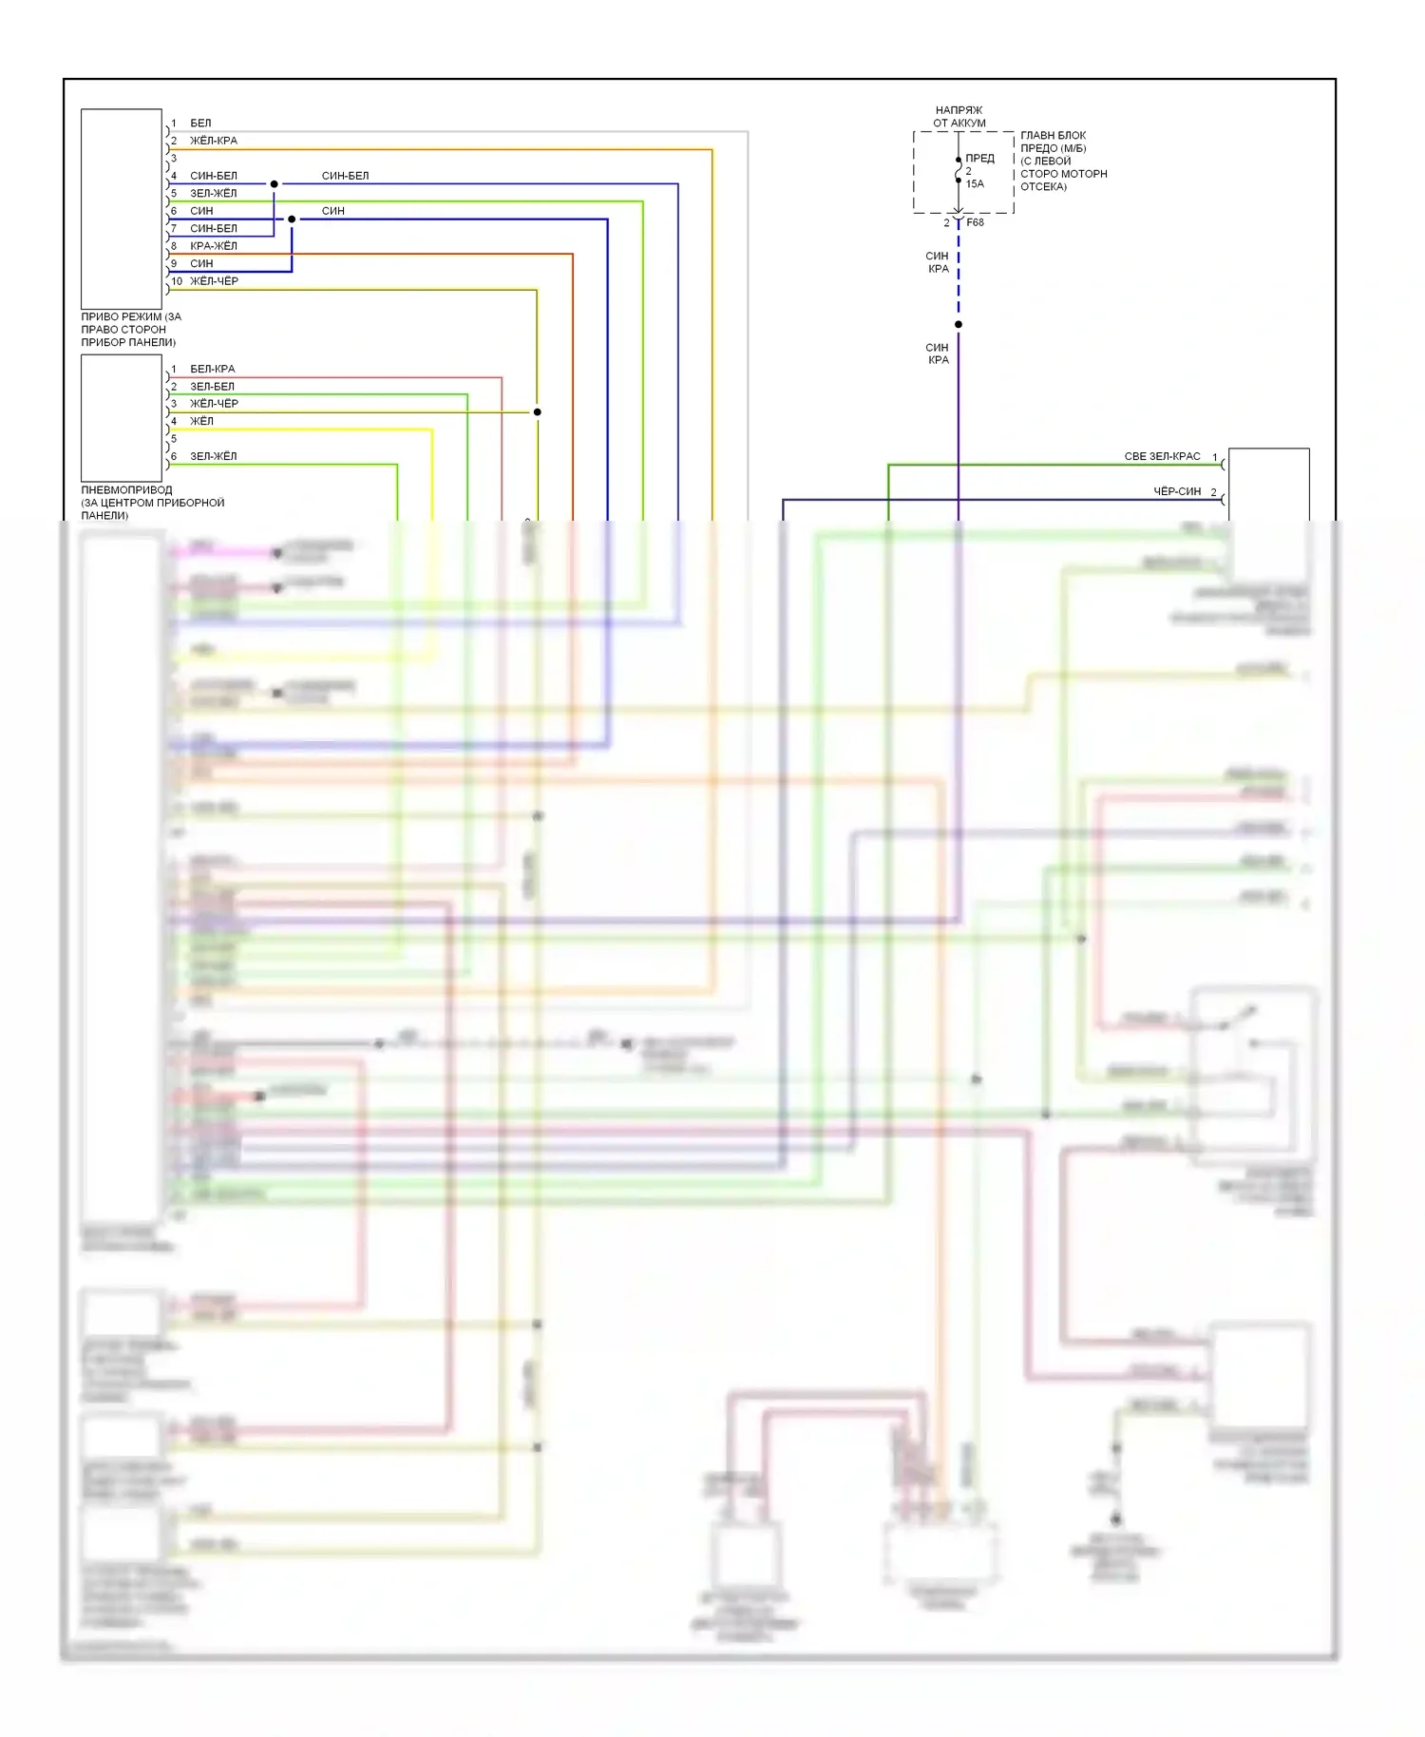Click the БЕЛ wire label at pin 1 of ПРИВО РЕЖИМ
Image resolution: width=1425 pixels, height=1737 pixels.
(200, 124)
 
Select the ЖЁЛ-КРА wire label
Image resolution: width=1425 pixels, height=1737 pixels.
(214, 141)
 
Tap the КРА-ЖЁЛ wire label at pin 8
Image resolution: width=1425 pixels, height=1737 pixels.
(214, 246)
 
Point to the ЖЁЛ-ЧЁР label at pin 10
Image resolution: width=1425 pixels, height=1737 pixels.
(214, 281)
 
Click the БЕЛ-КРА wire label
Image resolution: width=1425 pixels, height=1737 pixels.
(212, 369)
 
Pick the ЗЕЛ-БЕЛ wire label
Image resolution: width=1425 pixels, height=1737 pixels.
(212, 387)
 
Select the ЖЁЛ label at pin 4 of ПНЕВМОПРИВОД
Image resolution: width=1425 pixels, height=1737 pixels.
(201, 421)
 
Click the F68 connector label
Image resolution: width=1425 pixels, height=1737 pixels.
(976, 222)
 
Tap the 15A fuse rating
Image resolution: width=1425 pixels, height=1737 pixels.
(975, 184)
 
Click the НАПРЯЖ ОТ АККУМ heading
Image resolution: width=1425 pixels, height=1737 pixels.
(959, 117)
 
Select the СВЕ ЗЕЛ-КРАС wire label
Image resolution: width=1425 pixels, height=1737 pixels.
(1162, 457)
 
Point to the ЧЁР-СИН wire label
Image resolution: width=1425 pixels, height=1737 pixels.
(1177, 491)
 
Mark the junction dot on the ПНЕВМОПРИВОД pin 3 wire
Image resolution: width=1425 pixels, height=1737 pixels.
(538, 412)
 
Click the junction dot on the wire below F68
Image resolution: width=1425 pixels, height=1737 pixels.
(959, 325)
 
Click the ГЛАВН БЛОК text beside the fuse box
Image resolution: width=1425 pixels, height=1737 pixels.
(1053, 136)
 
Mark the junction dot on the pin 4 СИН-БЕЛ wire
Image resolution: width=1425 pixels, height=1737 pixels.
(275, 184)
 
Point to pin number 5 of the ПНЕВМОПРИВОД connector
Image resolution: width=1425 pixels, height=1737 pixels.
(174, 439)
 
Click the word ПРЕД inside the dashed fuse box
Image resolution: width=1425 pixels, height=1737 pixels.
(979, 159)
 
